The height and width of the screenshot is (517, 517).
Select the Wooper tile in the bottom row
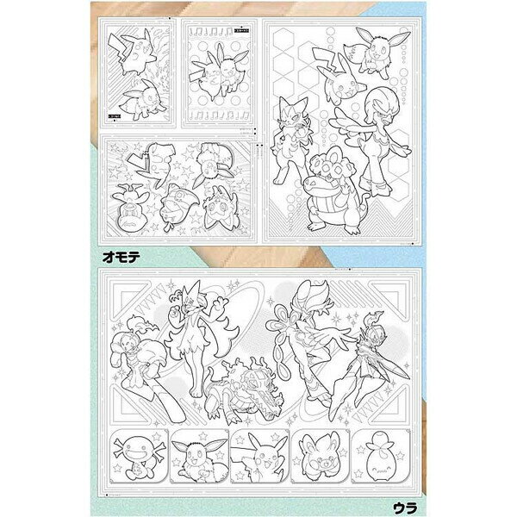(x=138, y=456)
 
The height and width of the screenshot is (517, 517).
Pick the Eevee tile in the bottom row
(x=198, y=456)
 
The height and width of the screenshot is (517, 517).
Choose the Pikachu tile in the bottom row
(x=259, y=456)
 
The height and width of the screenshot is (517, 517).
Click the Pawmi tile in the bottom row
(x=319, y=456)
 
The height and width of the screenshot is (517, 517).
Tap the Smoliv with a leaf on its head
(x=379, y=456)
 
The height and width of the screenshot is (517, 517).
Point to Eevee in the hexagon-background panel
(x=376, y=51)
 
